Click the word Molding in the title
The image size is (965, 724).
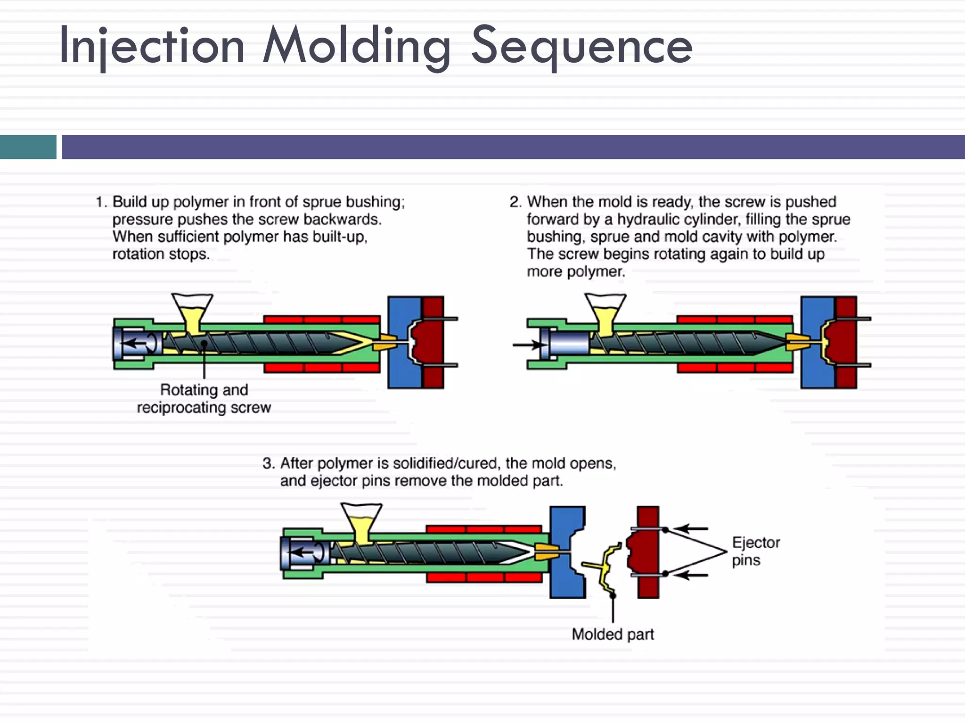[356, 46]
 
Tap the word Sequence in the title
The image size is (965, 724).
[581, 46]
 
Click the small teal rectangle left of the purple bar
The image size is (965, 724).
[28, 147]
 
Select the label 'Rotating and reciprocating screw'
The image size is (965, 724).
[204, 398]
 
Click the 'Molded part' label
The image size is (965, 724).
[613, 634]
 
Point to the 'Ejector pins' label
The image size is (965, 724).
[755, 551]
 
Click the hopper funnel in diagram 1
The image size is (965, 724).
[192, 312]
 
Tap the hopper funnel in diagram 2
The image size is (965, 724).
[605, 312]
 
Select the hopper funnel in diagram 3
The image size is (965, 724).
[361, 521]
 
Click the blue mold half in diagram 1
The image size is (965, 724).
[401, 343]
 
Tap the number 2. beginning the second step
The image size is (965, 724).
[515, 202]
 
